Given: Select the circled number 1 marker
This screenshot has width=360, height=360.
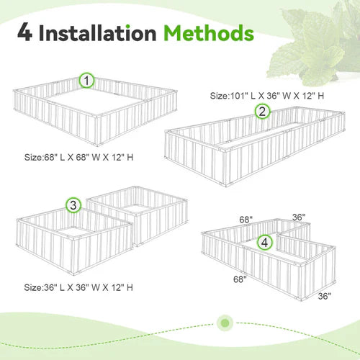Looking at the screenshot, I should (86, 81).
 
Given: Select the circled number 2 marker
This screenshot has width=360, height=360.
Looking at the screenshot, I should (262, 110).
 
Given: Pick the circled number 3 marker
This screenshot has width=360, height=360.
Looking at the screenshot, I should (73, 206).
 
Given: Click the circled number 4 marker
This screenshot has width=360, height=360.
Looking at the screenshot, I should (266, 243).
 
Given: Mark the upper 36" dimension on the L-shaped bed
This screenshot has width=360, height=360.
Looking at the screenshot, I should (299, 216).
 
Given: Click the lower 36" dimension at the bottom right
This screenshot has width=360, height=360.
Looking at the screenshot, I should (324, 294).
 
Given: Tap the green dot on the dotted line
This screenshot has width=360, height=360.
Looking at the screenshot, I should (225, 320).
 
